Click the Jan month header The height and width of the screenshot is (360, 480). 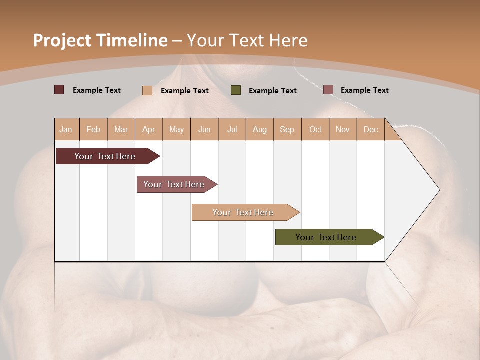(x=66, y=129)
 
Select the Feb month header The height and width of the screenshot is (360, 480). (x=93, y=129)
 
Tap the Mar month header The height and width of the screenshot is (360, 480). (x=121, y=129)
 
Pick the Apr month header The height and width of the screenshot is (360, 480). (x=149, y=129)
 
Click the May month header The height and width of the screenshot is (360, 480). (x=176, y=129)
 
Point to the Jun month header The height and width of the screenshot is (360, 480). (x=204, y=129)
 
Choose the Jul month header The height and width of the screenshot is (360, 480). (x=232, y=129)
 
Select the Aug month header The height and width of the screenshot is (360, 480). (x=260, y=129)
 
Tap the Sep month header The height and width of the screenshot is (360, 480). (x=287, y=129)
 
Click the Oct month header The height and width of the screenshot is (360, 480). (x=315, y=129)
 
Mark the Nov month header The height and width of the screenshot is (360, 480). (x=343, y=129)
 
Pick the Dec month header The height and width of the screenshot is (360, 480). (x=371, y=129)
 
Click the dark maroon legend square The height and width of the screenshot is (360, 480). (x=59, y=90)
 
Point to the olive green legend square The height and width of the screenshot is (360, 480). (x=236, y=90)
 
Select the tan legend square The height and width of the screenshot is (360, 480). (x=147, y=90)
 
